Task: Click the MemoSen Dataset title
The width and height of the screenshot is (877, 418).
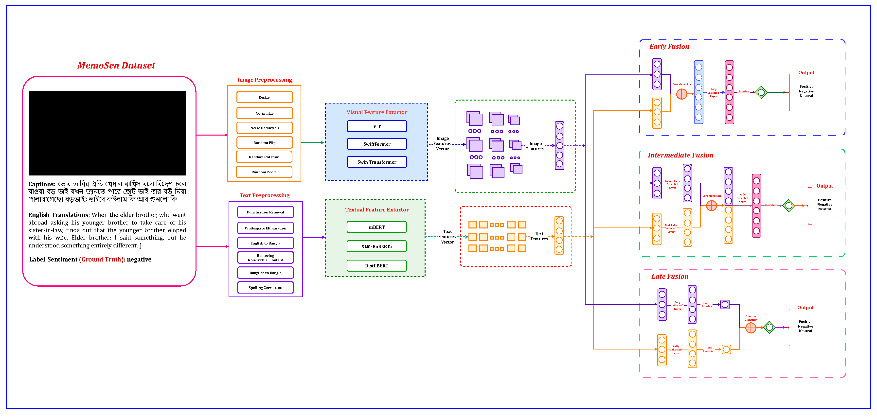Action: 116,65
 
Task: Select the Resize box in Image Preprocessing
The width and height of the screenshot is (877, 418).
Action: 264,97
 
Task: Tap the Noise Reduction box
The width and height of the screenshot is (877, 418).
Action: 264,128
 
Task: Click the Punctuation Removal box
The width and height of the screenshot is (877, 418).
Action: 265,212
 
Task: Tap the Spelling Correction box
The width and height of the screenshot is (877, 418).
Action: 265,288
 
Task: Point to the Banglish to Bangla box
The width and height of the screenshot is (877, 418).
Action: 265,273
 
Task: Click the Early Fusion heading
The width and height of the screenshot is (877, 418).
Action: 669,47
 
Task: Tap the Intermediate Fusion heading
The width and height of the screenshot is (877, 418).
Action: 680,155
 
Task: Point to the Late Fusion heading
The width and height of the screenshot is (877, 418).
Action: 669,276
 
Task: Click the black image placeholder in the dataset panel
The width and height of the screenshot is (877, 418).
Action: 107,133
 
